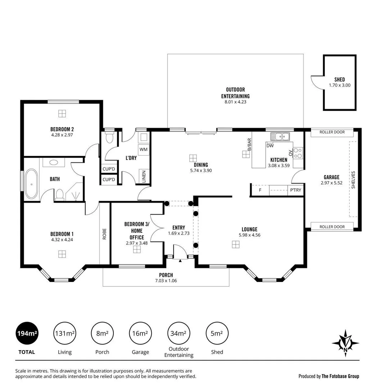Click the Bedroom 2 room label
pyautogui.click(x=62, y=129)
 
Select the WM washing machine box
pyautogui.click(x=143, y=149)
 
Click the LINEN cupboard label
pyautogui.click(x=144, y=176)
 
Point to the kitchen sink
pyautogui.click(x=280, y=137)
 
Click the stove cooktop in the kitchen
pyautogui.click(x=298, y=153)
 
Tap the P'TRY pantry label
pyautogui.click(x=295, y=190)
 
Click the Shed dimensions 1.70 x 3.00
pyautogui.click(x=339, y=85)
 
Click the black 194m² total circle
pyautogui.click(x=27, y=334)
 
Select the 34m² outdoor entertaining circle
pyautogui.click(x=178, y=334)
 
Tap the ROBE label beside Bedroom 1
pyautogui.click(x=105, y=234)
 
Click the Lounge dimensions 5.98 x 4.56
pyautogui.click(x=249, y=235)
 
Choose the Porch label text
pyautogui.click(x=166, y=275)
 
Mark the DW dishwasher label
pyautogui.click(x=270, y=146)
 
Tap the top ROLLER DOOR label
pyautogui.click(x=332, y=132)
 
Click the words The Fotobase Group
pyautogui.click(x=340, y=376)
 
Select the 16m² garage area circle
pyautogui.click(x=140, y=334)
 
